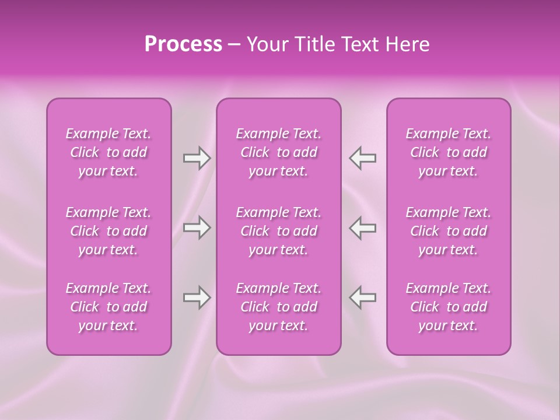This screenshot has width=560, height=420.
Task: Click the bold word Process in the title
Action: click(x=183, y=44)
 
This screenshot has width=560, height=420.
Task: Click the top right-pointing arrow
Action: click(x=197, y=158)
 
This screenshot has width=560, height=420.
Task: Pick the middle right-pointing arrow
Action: click(x=197, y=228)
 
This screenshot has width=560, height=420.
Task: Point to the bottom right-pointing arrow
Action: click(x=197, y=297)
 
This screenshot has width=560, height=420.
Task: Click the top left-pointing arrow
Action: click(x=362, y=158)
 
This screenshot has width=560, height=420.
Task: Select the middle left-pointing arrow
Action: click(x=362, y=228)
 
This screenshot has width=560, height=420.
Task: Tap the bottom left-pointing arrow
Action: click(x=362, y=297)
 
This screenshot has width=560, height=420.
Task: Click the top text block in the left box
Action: click(x=108, y=152)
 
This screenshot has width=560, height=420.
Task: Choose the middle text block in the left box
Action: click(x=108, y=231)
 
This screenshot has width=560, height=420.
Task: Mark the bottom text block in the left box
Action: click(x=108, y=307)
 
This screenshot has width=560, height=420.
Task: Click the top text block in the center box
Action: click(x=278, y=152)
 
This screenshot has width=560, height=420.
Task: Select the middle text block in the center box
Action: click(x=278, y=231)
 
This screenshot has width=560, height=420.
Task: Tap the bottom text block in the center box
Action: click(x=278, y=307)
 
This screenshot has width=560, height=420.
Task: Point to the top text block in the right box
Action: click(x=448, y=152)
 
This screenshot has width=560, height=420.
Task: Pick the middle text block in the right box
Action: click(x=448, y=231)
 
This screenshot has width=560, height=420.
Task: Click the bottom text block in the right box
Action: click(x=448, y=307)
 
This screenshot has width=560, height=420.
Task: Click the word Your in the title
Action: click(x=267, y=44)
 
